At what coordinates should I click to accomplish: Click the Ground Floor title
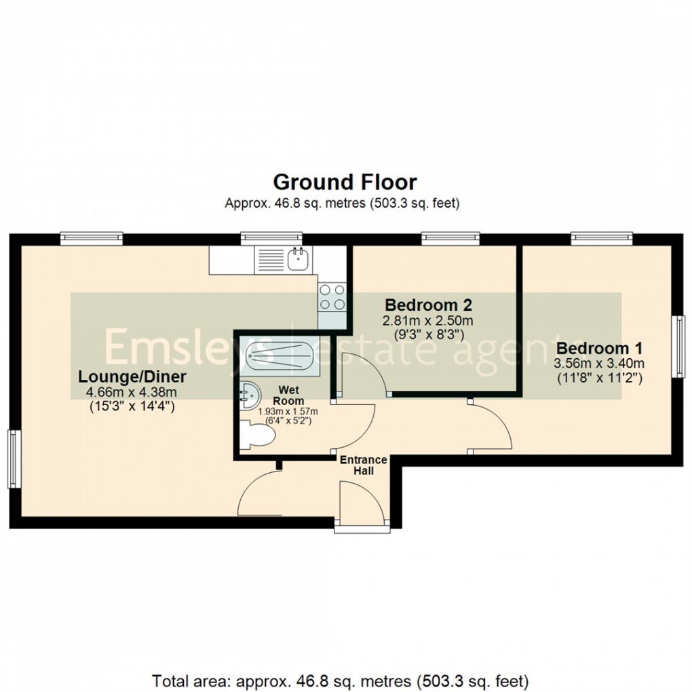point(345,182)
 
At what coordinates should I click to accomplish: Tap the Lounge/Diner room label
point(132,376)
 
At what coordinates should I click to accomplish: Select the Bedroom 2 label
point(428,304)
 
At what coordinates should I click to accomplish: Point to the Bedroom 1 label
point(598,348)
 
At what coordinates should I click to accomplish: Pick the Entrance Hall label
point(363,465)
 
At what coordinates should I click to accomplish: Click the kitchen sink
point(297,258)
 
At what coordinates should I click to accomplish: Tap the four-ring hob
point(332,296)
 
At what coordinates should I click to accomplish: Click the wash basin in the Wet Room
point(249,391)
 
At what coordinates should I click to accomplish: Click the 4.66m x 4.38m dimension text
point(132,392)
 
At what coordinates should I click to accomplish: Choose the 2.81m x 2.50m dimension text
point(428,320)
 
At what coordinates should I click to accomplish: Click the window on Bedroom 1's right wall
point(678,346)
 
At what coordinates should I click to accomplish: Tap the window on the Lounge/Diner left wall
point(13,459)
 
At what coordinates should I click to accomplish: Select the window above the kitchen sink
point(271,238)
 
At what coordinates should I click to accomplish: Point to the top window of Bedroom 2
point(450,238)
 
